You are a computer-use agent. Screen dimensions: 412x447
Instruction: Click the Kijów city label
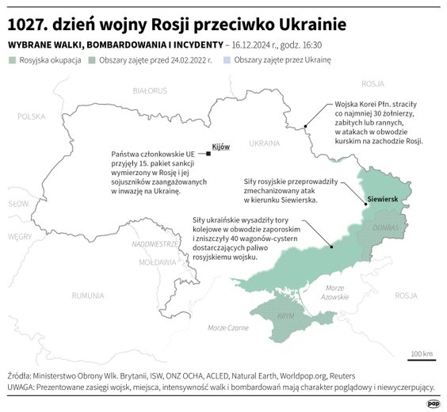tap(221, 147)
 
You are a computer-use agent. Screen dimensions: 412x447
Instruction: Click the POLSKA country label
tap(33, 116)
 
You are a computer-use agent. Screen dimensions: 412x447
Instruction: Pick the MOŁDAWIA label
tap(156, 261)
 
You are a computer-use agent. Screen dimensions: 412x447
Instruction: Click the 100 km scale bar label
tap(422, 353)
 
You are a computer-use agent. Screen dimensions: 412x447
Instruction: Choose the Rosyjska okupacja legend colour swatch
tap(13, 60)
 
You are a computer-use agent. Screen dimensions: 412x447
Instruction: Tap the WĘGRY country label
tap(20, 236)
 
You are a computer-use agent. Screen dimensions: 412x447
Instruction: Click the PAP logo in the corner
tap(433, 403)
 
